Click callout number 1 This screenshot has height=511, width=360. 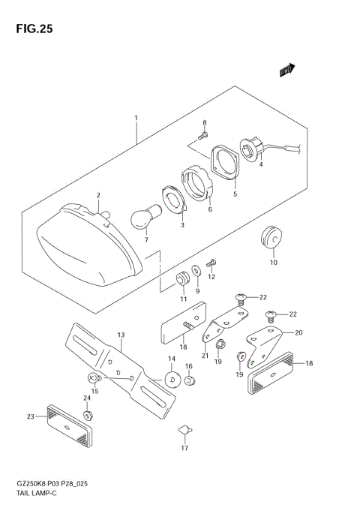[x=136, y=118]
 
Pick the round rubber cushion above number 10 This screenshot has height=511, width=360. [x=271, y=239]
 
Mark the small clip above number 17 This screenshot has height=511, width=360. [x=184, y=431]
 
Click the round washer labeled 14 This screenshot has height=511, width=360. [x=171, y=380]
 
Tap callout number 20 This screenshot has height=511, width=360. [x=299, y=333]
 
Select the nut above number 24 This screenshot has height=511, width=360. [x=88, y=414]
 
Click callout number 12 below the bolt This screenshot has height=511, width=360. [x=211, y=277]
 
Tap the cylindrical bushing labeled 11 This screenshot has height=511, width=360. [x=181, y=281]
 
